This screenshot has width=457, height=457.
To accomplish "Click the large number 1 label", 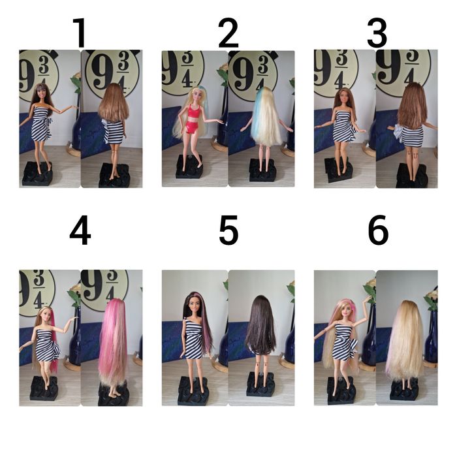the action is tap(80, 33).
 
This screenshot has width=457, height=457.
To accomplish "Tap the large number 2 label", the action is tap(228, 33).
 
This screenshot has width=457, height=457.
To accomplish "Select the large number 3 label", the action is tap(377, 33).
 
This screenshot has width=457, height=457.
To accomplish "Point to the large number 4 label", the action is tap(80, 230).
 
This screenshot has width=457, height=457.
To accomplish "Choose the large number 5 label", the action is tap(228, 230).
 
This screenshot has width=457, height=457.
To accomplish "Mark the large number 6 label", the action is tap(378, 230).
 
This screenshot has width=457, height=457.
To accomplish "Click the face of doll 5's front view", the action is tap(193, 305).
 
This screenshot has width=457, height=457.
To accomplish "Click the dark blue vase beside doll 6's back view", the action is tap(432, 338).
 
